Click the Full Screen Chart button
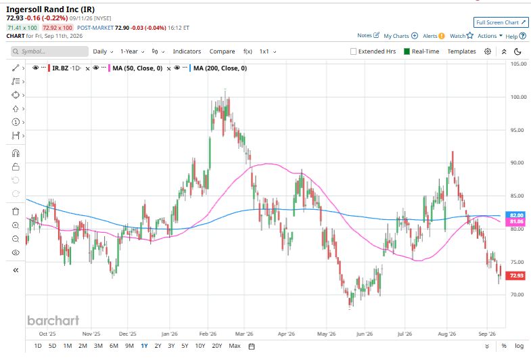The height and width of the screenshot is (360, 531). point(501,22)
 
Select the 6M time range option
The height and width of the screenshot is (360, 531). point(114,346)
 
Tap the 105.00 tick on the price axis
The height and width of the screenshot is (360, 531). point(518,64)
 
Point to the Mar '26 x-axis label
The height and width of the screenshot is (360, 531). point(244,334)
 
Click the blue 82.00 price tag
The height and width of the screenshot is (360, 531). point(516,215)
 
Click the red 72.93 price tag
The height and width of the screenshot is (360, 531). point(516,275)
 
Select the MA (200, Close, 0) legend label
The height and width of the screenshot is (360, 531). point(220,68)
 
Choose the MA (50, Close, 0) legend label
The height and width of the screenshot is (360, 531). point(137,68)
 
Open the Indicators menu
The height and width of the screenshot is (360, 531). point(187,51)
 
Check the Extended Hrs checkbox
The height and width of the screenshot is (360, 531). point(353,51)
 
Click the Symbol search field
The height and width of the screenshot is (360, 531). point(49,51)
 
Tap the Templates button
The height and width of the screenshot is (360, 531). point(461,51)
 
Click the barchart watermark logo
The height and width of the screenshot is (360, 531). point(53,320)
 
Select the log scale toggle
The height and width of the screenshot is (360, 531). point(519,346)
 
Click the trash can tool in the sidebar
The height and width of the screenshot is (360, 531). point(16,212)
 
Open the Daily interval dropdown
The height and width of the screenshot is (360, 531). point(103,51)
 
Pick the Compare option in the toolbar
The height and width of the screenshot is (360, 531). point(222,51)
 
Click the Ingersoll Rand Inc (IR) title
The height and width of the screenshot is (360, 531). point(51,9)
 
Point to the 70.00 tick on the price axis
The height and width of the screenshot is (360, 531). point(517,294)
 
